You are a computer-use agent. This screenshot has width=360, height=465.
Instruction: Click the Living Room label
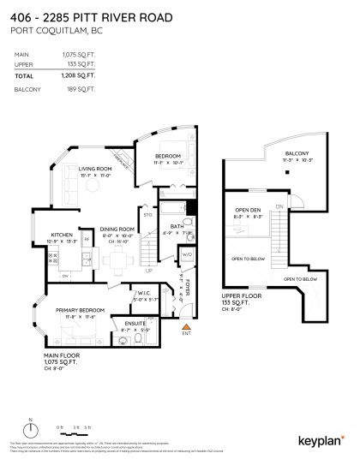click(96, 170)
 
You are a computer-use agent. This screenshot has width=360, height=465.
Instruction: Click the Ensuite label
click(136, 323)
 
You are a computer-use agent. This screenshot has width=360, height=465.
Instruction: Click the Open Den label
click(249, 210)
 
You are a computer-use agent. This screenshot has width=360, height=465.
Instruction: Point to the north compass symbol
click(31, 429)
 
